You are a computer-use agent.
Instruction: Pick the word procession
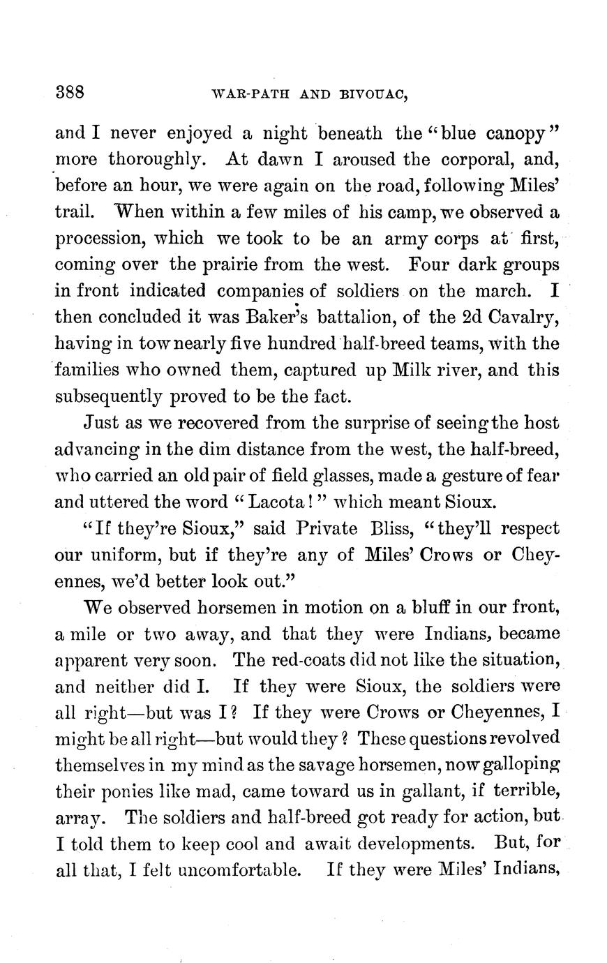(x=97, y=238)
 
